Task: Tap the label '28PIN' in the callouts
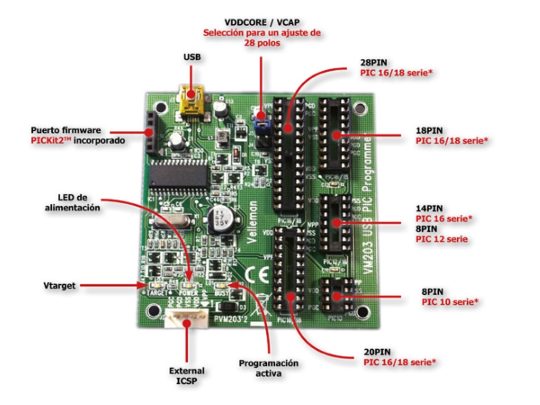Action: click(373, 62)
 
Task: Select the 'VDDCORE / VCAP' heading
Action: click(262, 23)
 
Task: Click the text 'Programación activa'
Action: click(268, 368)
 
